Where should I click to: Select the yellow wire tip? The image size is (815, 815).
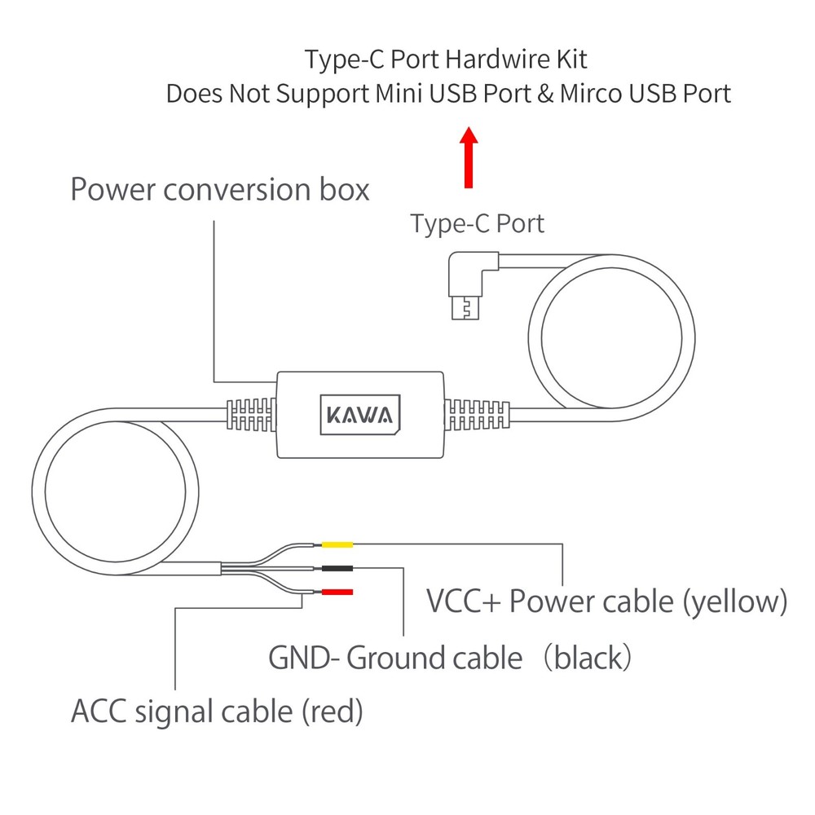[x=338, y=544]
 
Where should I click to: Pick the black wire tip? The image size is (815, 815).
[x=338, y=568]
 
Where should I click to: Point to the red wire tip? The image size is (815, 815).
[x=338, y=592]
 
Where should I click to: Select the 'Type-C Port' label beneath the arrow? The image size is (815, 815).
[x=477, y=222]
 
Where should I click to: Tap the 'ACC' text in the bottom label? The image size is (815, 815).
[x=99, y=711]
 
